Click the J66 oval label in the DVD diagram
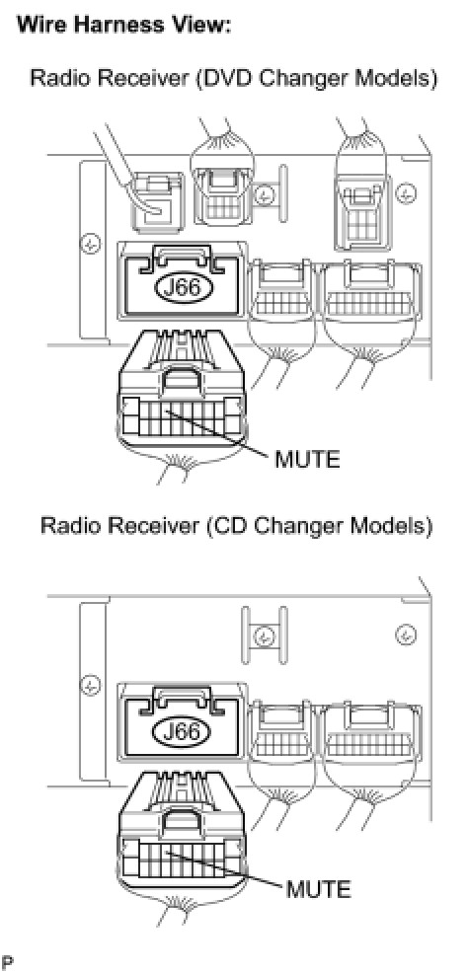pyautogui.click(x=183, y=288)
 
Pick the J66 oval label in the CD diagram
pyautogui.click(x=183, y=732)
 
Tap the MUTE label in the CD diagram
pyautogui.click(x=318, y=888)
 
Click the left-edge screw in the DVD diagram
pyautogui.click(x=91, y=244)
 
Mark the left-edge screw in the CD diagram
pyautogui.click(x=91, y=685)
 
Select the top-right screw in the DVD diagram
pyautogui.click(x=406, y=193)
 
